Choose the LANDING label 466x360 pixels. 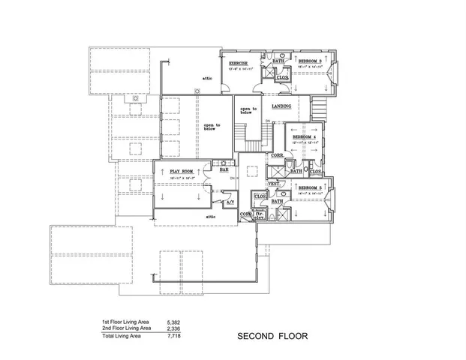(281, 106)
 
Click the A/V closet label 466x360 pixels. (230, 202)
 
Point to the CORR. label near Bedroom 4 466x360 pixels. (276, 155)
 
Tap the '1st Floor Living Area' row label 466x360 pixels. (126, 322)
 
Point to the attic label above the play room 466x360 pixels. (207, 77)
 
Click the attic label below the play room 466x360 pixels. (212, 216)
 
